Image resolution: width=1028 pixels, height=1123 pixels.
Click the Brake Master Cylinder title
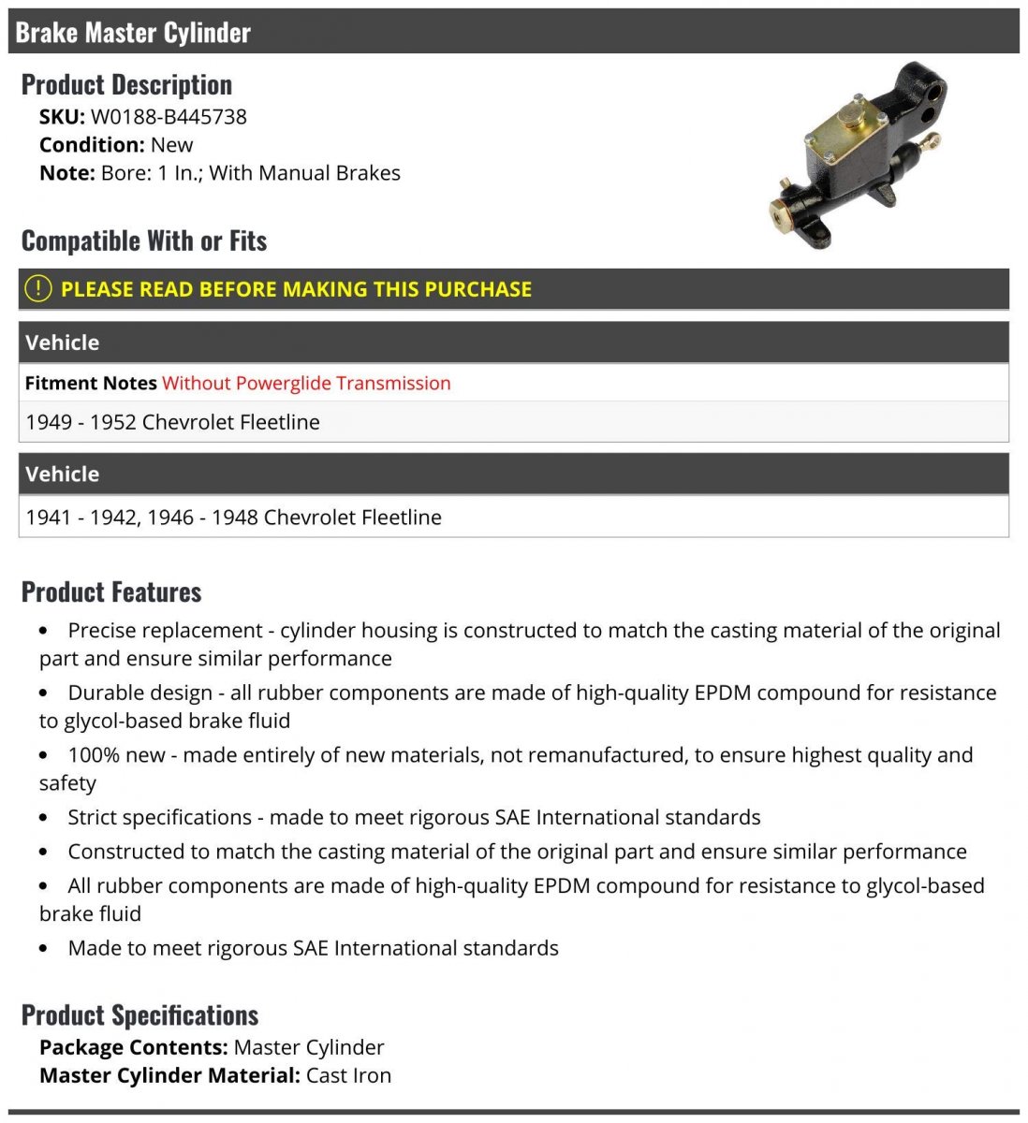[x=133, y=33]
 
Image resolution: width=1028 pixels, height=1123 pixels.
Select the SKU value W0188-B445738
[x=169, y=117]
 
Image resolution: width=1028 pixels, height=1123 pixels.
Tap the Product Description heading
[x=126, y=85]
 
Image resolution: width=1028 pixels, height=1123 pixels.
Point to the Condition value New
[x=171, y=145]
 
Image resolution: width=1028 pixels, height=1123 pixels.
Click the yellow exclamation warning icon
[x=37, y=288]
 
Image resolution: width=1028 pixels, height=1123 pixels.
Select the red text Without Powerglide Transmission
[x=306, y=383]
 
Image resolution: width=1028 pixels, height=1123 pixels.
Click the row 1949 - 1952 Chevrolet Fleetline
[x=172, y=422]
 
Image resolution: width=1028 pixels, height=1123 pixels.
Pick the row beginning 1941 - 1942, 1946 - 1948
[x=233, y=518]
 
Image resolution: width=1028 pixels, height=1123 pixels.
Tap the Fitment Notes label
[x=91, y=383]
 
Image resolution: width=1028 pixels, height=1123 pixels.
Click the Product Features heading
[x=111, y=592]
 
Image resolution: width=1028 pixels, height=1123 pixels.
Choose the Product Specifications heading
[x=140, y=1015]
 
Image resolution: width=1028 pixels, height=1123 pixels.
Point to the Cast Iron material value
[x=348, y=1075]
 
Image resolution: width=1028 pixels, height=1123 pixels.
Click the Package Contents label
[x=134, y=1047]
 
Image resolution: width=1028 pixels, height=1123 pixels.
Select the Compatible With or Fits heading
[x=144, y=241]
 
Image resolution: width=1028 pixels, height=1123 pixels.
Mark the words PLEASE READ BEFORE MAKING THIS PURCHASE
[x=296, y=289]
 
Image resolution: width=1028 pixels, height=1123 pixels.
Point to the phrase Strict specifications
[x=159, y=817]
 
